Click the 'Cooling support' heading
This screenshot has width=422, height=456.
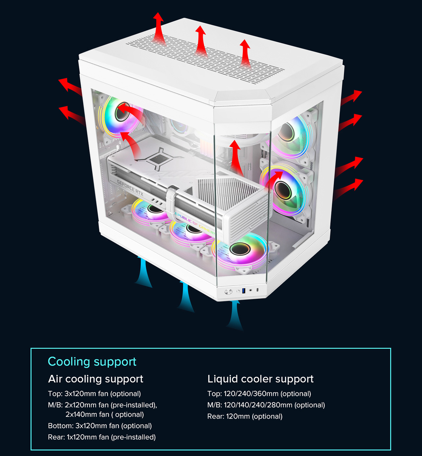coord(92,362)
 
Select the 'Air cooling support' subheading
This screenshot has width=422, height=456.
coord(95,379)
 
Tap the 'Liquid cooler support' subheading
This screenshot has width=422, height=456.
coord(260,379)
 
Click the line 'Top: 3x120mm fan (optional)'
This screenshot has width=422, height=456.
coord(94,394)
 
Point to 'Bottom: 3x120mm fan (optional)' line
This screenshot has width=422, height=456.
coord(100,426)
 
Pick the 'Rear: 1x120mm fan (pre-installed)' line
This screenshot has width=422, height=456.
coord(102,437)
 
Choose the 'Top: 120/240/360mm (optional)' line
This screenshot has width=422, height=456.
coord(259,394)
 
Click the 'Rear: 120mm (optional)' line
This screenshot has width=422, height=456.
coord(245,416)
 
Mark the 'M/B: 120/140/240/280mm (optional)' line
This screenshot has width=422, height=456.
coord(266,405)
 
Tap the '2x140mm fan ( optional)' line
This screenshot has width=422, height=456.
coord(105,414)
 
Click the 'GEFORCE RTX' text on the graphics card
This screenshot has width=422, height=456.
coord(130,188)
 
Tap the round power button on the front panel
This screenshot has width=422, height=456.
coord(228,292)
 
